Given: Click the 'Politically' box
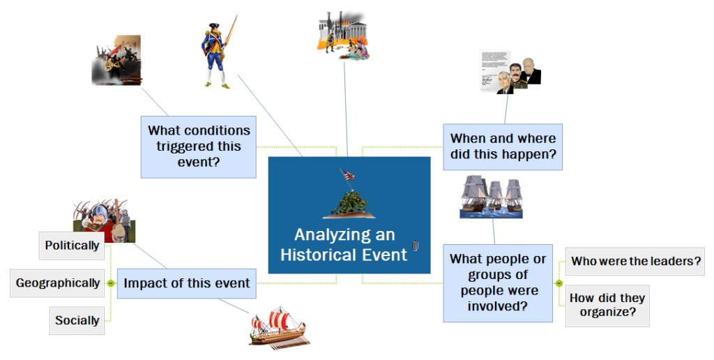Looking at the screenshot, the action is (x=72, y=246).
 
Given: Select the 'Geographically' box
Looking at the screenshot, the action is (x=57, y=283).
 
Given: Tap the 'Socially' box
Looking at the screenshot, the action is (x=77, y=320).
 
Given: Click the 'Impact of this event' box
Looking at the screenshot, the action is (x=187, y=283).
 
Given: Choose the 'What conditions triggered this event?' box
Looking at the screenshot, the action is (x=199, y=147).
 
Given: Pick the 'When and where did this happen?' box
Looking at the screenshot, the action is (x=503, y=147).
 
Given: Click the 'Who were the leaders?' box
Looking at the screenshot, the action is (x=635, y=262).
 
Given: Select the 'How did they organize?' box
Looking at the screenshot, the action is (x=607, y=306).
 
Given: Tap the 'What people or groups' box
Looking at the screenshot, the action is (x=498, y=283).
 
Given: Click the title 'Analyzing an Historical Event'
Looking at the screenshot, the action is (x=344, y=245).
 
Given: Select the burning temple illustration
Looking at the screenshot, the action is (x=343, y=36).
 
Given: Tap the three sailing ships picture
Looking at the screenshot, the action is (x=492, y=197).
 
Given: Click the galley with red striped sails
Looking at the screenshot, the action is (x=279, y=328).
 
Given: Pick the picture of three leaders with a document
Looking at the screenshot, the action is (x=510, y=72).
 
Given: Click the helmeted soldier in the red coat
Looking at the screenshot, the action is (x=105, y=221).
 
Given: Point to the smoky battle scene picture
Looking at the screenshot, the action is (x=116, y=60).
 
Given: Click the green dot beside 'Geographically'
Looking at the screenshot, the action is (x=111, y=283).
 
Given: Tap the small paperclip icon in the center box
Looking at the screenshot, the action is (x=416, y=246).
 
